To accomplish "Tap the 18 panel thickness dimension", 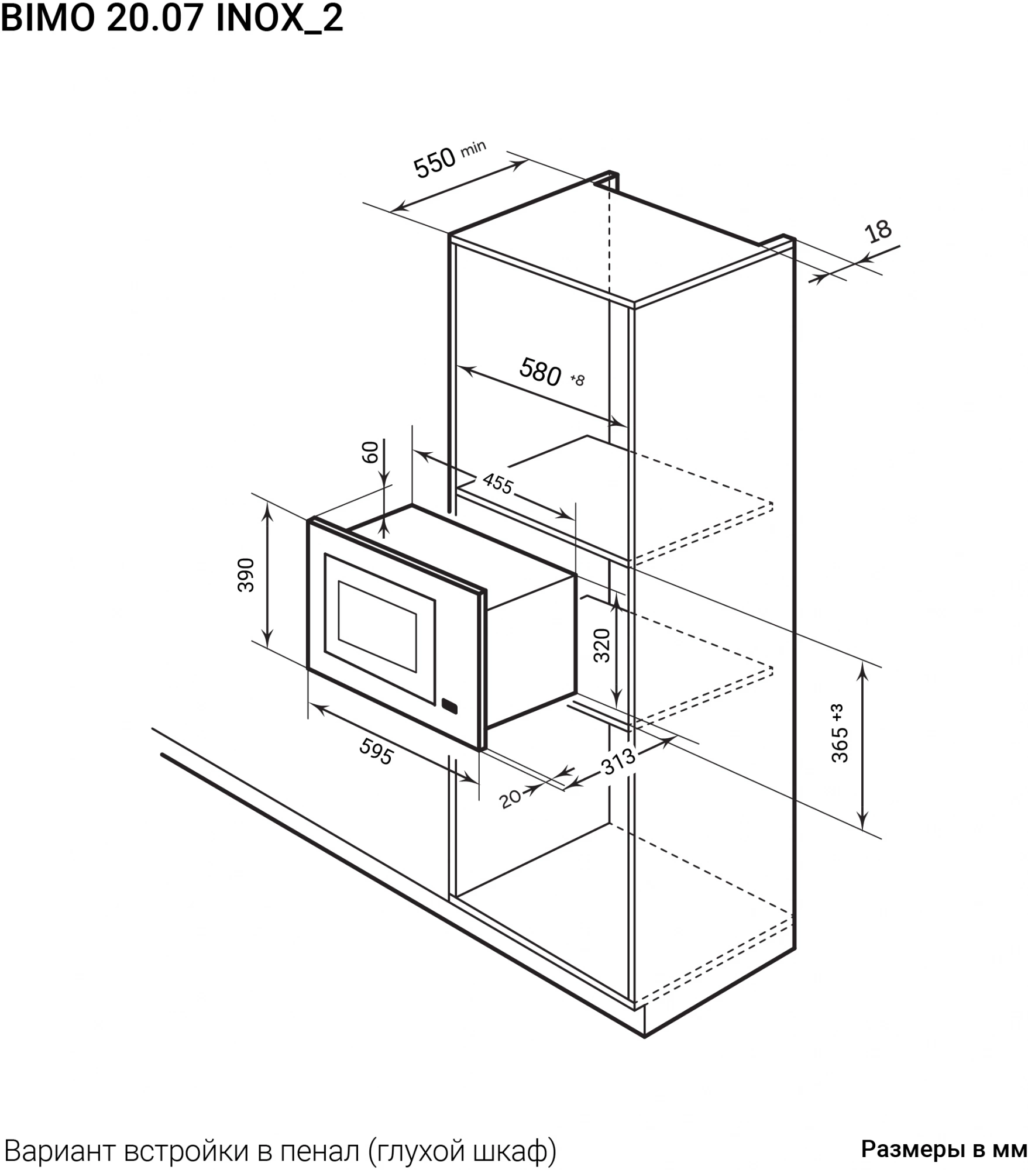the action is tap(879, 230).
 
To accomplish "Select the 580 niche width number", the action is tap(540, 372).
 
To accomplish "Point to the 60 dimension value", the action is tap(371, 452).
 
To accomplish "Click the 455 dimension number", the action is tap(498, 483).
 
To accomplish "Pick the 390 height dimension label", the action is tap(246, 575).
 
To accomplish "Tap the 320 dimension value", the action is tap(601, 645).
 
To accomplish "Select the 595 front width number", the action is tap(376, 752).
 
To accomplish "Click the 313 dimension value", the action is tap(618, 761).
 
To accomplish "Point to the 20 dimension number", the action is tap(511, 799).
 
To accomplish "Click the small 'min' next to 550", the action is tap(473, 149).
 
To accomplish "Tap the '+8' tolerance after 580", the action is tap(577, 380).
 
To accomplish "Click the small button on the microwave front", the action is tap(449, 707).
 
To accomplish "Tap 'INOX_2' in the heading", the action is tap(280, 19).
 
